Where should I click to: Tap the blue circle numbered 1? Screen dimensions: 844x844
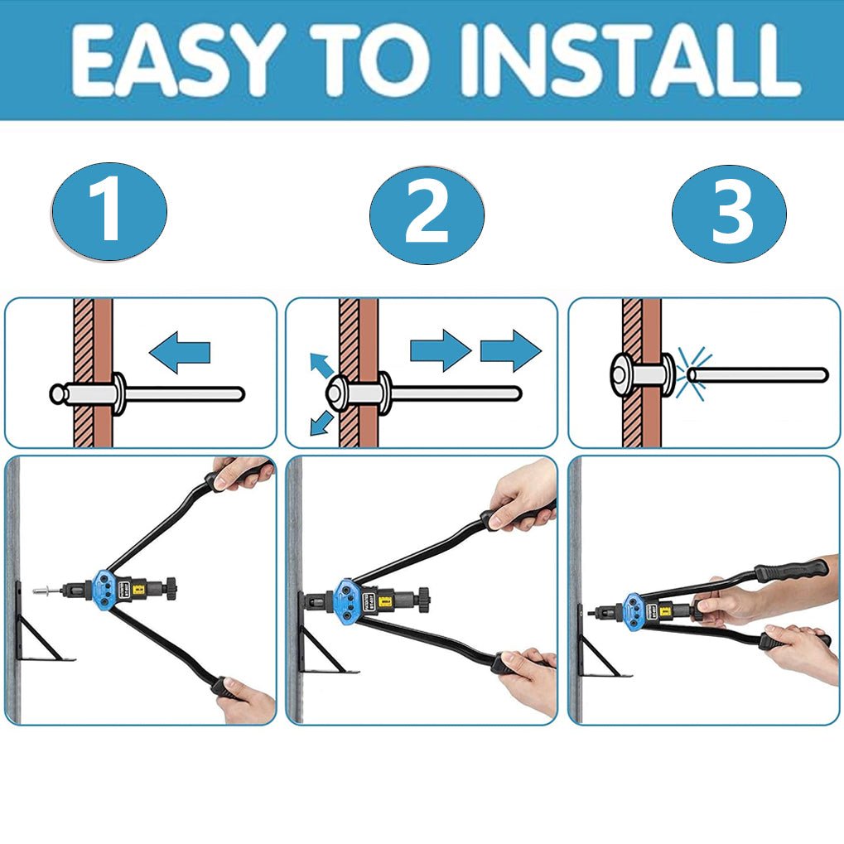pos(109,212)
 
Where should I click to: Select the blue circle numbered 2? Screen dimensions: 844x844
pos(427,215)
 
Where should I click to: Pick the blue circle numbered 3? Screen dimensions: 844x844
pos(730,214)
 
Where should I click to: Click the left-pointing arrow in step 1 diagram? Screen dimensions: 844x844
pos(180,353)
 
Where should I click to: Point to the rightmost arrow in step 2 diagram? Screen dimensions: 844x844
pos(510,351)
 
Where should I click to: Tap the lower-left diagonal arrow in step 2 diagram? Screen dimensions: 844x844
pos(322,423)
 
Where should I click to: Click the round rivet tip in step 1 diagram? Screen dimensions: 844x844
pos(58,394)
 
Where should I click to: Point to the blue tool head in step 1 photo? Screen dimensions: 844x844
pos(105,590)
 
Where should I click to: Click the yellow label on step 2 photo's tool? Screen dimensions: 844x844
pos(385,601)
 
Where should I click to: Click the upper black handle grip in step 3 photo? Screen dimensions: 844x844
pos(791,571)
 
